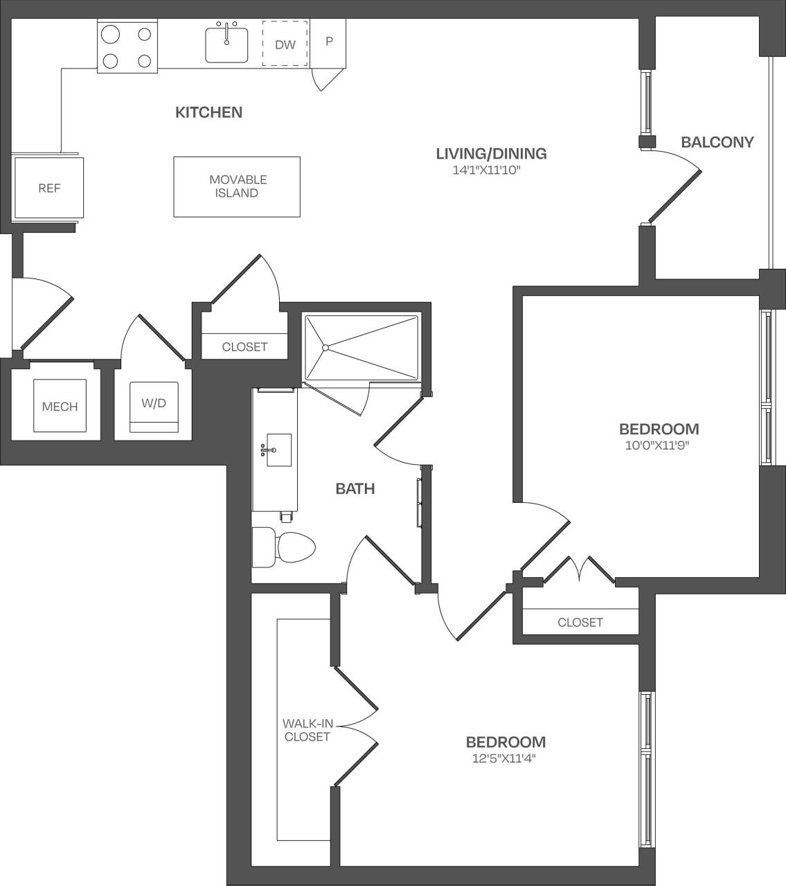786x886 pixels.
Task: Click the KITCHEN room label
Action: (x=208, y=112)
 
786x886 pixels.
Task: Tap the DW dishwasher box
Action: (x=285, y=44)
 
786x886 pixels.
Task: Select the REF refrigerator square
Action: (x=49, y=188)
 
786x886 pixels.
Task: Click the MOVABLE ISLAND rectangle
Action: (x=237, y=186)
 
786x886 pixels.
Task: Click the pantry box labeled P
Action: (x=329, y=42)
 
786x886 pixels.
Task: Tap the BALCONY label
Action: (x=717, y=142)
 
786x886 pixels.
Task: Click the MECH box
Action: (x=60, y=407)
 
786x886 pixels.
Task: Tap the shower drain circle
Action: (x=325, y=347)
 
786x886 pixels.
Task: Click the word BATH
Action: (x=355, y=489)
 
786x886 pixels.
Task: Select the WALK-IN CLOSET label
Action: (x=306, y=730)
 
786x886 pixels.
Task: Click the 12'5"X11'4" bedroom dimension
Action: (x=505, y=759)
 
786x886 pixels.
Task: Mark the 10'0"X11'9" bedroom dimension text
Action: (x=658, y=445)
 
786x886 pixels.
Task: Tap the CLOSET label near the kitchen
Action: (x=244, y=346)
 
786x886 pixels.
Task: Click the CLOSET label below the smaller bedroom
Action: (x=580, y=622)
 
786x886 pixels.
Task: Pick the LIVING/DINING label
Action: (x=491, y=154)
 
